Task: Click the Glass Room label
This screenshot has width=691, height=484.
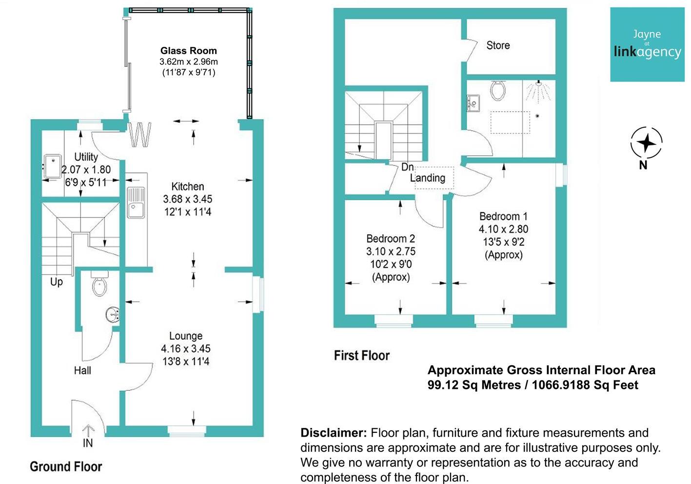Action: (x=189, y=51)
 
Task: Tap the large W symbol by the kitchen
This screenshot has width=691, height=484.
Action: (x=140, y=134)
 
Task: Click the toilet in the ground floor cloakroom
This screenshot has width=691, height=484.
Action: (x=99, y=283)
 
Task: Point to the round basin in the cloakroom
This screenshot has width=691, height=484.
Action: (x=113, y=315)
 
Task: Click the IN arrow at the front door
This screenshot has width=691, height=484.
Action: (x=88, y=431)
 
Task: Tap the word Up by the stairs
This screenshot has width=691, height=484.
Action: (x=57, y=282)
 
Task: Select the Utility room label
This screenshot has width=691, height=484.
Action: (x=86, y=157)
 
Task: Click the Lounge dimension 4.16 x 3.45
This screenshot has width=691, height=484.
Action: (x=186, y=348)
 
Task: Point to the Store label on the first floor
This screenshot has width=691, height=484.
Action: (x=498, y=45)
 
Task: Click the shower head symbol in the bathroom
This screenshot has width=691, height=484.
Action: (x=539, y=91)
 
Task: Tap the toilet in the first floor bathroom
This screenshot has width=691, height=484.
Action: (x=498, y=90)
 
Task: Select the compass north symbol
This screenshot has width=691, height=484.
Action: (x=646, y=143)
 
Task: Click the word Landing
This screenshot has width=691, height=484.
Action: (x=428, y=178)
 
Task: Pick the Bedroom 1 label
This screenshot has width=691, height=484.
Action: (x=503, y=216)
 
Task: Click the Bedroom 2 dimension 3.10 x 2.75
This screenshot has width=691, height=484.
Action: (x=391, y=251)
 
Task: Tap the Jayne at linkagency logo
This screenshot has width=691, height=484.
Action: (x=647, y=44)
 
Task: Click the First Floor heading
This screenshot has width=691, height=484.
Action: (x=362, y=356)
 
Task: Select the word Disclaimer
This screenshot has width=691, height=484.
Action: (x=334, y=433)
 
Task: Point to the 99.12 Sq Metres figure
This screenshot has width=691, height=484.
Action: (x=474, y=385)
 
